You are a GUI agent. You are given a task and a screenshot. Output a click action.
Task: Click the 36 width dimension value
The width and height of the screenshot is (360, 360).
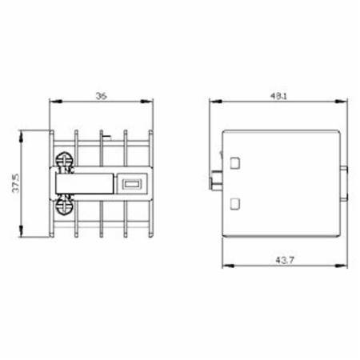pos(102,96)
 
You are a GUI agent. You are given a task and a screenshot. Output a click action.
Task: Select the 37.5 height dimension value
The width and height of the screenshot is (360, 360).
pos(16,183)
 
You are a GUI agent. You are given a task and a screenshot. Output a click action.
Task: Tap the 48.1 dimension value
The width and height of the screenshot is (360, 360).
pos(278,96)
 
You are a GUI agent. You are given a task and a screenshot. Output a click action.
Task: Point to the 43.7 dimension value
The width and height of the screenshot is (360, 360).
pos(285,260)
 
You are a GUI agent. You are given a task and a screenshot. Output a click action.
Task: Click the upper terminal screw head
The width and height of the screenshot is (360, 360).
pos(64,160)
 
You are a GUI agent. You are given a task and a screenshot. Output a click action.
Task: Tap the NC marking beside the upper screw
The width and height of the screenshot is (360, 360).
pos(69,170)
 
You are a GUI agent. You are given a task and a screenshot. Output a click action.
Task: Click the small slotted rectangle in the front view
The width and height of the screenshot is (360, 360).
pos(131,184)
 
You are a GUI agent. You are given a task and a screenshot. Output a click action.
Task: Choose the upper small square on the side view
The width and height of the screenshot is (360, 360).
pos(235,163)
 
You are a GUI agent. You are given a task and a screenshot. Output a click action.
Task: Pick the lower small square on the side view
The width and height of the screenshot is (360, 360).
pos(235,204)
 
